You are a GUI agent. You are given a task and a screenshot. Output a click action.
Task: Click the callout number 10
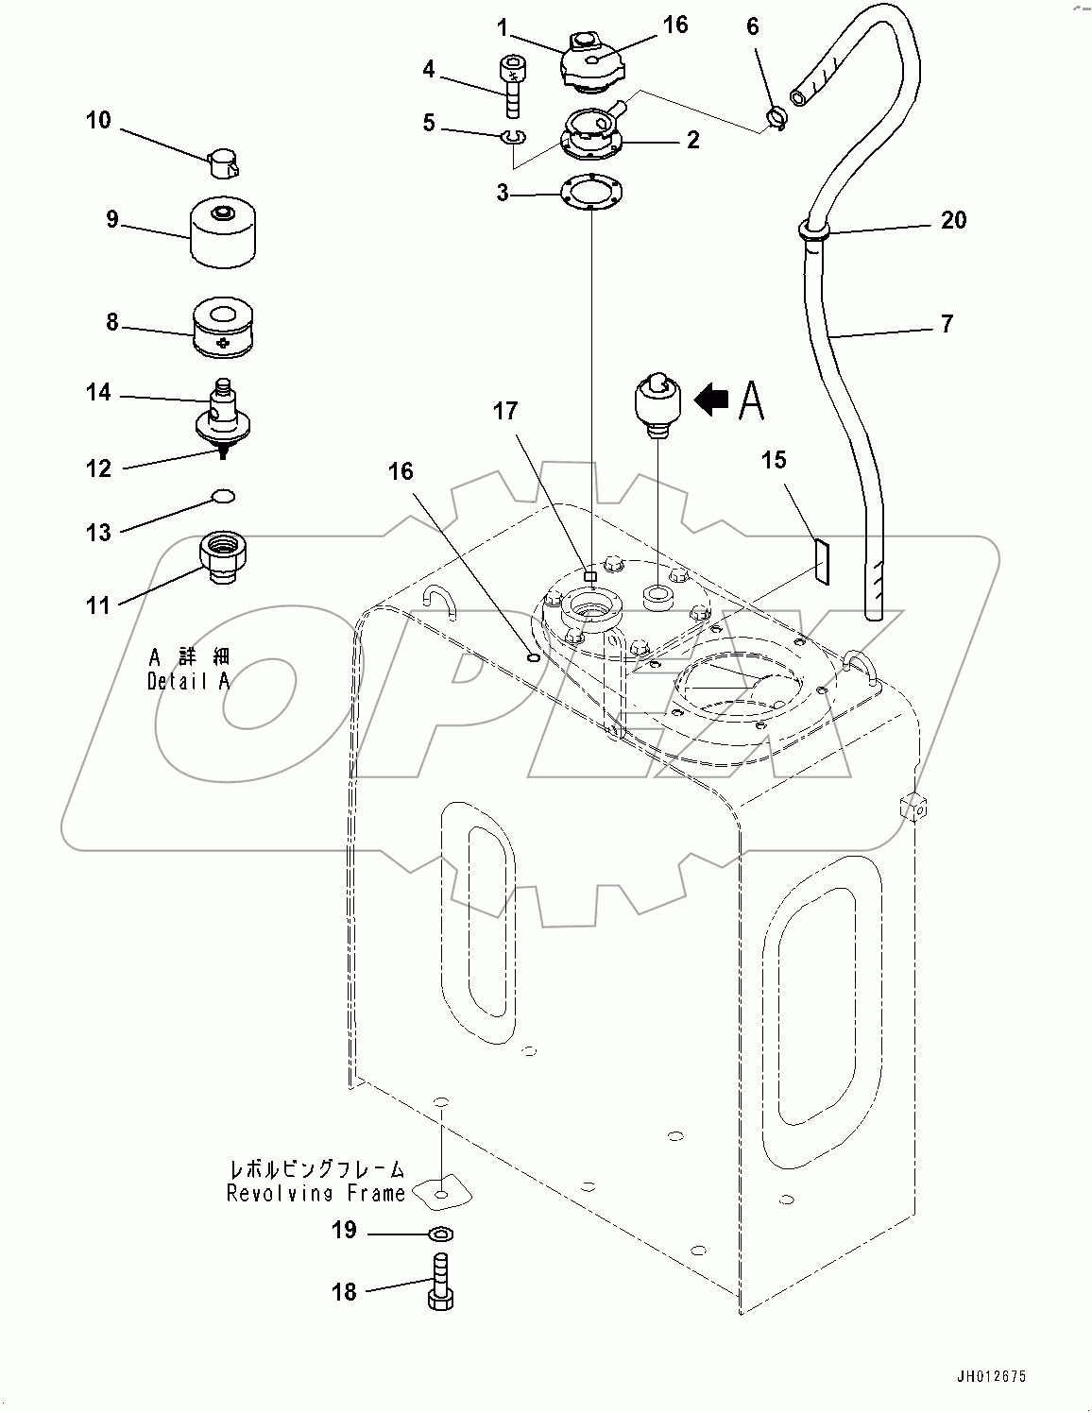97,121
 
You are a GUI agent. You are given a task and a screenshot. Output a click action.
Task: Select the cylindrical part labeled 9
226,231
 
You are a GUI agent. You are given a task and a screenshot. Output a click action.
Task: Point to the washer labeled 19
440,1234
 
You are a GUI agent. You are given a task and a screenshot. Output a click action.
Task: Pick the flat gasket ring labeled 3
589,193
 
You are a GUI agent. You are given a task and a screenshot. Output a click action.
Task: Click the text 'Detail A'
188,682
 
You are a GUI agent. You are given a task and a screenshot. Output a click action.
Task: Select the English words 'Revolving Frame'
316,1194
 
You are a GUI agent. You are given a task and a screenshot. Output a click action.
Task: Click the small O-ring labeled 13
223,496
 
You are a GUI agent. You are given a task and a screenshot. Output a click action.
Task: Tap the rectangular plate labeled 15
821,562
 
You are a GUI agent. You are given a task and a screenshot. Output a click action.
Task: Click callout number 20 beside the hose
953,220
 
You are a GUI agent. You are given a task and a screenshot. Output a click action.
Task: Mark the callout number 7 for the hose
947,324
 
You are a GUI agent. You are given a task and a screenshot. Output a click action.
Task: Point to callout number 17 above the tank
504,411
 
